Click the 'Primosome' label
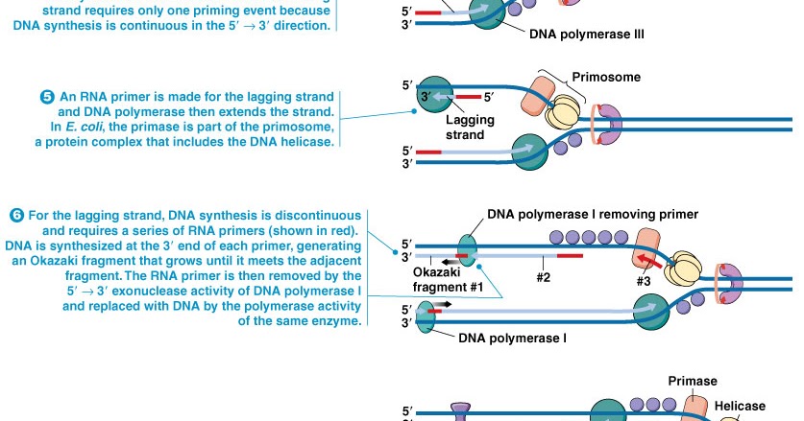tap(605, 76)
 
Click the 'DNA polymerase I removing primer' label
tap(593, 214)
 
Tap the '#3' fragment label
tap(645, 282)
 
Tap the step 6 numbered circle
tap(16, 215)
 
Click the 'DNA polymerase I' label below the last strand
tap(512, 339)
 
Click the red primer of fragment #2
tap(569, 256)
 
